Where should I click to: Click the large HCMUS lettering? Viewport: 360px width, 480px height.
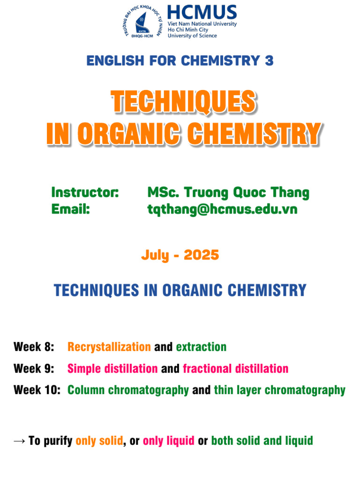[x=202, y=12]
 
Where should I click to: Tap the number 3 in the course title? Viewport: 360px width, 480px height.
[x=269, y=60]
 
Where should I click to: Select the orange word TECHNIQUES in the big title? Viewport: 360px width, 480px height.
[x=183, y=102]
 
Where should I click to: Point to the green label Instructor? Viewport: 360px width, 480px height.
[x=85, y=192]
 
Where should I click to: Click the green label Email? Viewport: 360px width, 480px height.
[x=70, y=209]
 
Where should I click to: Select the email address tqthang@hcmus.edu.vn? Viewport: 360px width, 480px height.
[x=222, y=209]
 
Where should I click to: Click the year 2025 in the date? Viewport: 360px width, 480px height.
[x=201, y=255]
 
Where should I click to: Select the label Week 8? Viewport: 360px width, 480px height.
[x=34, y=347]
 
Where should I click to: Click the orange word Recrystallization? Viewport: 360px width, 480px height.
[x=109, y=347]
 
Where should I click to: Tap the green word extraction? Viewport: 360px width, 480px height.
[x=201, y=347]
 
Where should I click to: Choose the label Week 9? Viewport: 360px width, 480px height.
[x=34, y=368]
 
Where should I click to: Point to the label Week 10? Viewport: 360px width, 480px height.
[x=37, y=390]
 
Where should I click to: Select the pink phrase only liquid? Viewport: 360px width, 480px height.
[x=168, y=441]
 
